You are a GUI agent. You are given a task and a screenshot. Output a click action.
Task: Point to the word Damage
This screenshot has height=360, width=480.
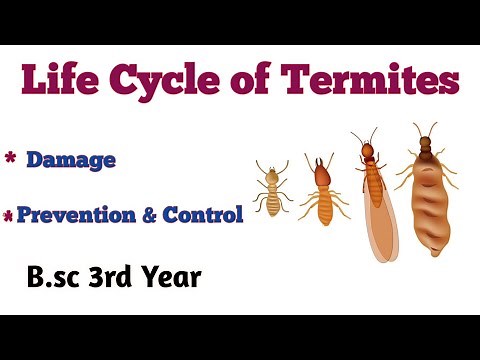click(x=71, y=159)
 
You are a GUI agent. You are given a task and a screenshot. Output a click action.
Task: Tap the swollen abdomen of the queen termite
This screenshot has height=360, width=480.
click(x=428, y=205)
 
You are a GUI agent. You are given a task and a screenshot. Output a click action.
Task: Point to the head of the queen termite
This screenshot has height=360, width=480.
click(x=426, y=143)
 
